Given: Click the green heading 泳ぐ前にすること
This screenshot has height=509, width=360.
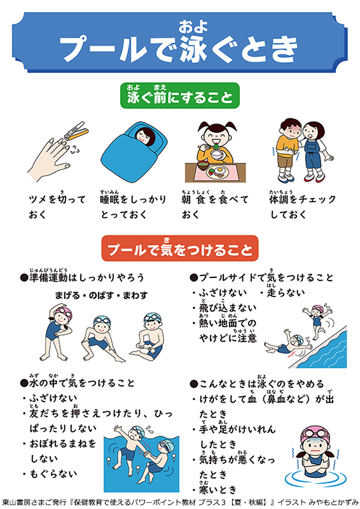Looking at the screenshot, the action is click(180, 95).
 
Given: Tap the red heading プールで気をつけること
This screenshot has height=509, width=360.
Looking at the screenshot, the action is click(180, 248).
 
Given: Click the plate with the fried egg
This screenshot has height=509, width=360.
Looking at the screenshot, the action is click(217, 172).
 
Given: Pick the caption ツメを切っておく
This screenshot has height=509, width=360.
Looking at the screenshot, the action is click(57, 207).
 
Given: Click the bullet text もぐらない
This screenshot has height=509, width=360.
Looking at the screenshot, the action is click(53, 473).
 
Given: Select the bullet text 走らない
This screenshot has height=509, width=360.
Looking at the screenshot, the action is click(286, 291).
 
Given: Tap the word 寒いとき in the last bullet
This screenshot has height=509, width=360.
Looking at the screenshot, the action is click(218, 489).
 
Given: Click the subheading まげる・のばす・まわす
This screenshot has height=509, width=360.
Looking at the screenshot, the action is click(101, 295).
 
